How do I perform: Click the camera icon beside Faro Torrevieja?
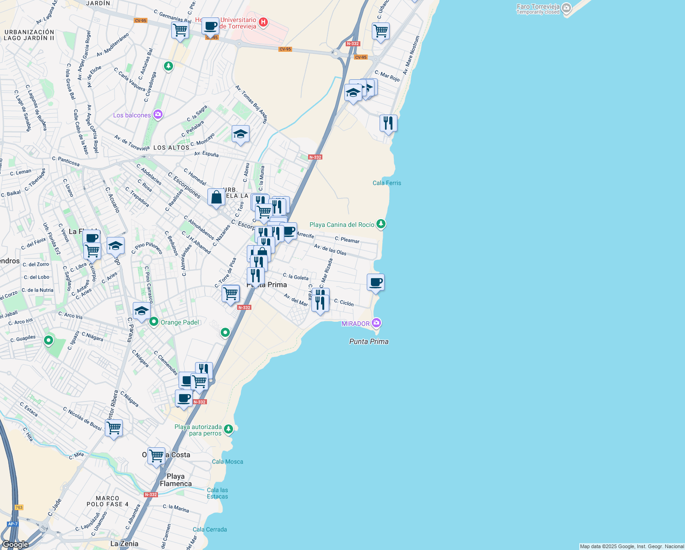566,8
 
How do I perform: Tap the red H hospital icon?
263,22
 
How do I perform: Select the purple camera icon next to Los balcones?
158,115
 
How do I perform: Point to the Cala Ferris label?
386,183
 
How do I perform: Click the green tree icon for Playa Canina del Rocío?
381,224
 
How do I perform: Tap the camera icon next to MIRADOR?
376,323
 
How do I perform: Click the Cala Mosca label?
228,462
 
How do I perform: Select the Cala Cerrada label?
210,529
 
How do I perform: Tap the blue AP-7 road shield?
12,524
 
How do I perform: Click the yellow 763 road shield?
19,507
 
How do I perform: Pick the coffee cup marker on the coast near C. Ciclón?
375,282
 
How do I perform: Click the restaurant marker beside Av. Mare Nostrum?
388,123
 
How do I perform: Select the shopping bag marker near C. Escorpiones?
216,197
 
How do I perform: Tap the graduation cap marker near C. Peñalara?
240,134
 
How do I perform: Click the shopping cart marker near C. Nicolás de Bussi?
114,428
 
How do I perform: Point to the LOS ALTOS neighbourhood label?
171,148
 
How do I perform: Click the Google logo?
16,544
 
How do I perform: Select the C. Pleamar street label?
347,240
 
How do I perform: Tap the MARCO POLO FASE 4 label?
108,501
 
